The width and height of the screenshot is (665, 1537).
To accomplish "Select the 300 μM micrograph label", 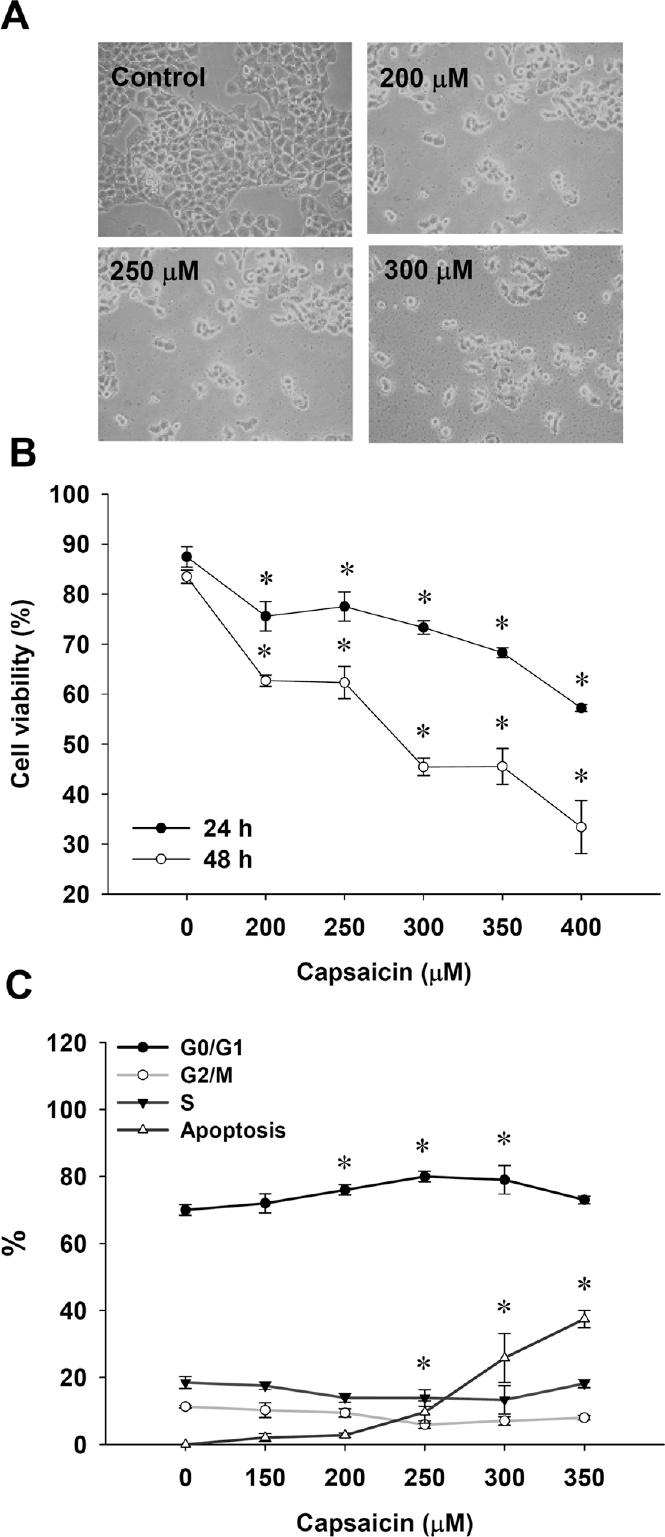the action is (428, 271).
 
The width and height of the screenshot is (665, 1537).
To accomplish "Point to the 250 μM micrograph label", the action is (154, 272).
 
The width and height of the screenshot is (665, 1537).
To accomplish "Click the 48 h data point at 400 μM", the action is (581, 827).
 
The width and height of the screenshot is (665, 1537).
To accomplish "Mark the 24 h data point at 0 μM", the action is (187, 556).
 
